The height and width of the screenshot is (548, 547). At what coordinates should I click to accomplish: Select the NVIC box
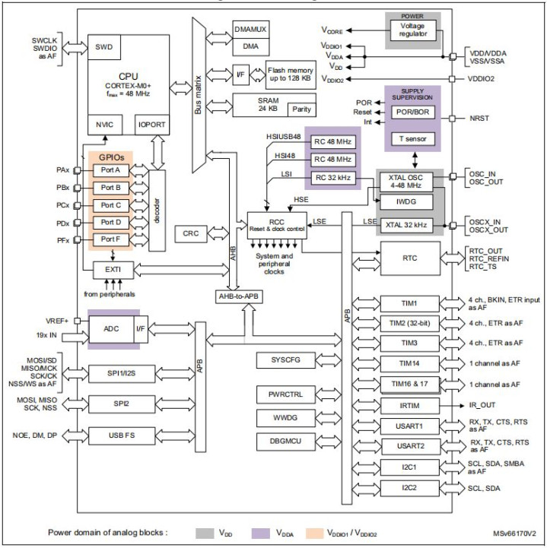[x=103, y=123]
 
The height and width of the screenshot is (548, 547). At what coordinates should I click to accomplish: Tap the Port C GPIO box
[x=112, y=205]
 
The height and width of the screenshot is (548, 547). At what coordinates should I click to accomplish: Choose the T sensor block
[x=412, y=138]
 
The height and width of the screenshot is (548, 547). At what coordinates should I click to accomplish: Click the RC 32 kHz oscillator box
[x=332, y=178]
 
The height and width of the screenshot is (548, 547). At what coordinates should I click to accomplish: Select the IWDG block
[x=405, y=201]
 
